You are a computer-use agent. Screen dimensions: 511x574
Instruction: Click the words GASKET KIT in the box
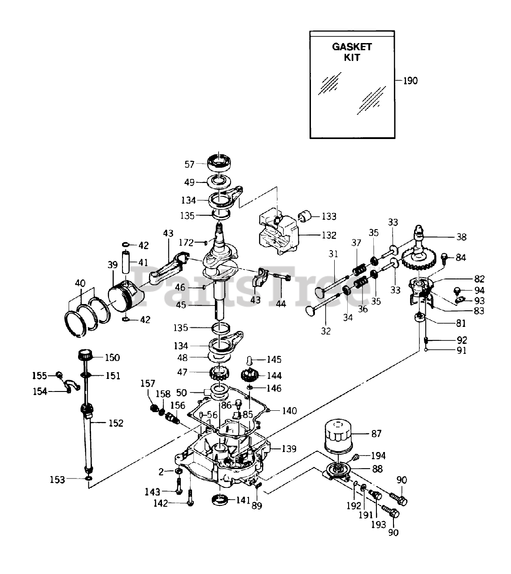[x=352, y=52]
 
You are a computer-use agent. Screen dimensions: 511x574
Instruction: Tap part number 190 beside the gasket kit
[x=411, y=81]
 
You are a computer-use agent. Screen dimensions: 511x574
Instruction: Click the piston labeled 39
[x=126, y=296]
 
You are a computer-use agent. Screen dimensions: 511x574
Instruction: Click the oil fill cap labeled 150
[x=85, y=355]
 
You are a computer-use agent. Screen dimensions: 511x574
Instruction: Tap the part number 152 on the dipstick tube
[x=116, y=423]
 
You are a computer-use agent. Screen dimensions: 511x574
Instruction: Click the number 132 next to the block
[x=329, y=235]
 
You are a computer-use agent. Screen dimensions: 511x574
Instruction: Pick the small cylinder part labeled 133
[x=305, y=216]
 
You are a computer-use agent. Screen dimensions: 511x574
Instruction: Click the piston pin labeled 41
[x=126, y=262]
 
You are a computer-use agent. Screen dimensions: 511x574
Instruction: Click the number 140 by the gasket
[x=289, y=410]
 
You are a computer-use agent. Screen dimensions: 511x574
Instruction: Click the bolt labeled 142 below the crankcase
[x=191, y=497]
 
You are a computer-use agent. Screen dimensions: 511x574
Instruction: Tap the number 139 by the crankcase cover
[x=289, y=449]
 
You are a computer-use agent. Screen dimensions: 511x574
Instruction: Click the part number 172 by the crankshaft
[x=186, y=243]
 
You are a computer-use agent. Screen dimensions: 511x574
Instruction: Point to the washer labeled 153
[x=89, y=478]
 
